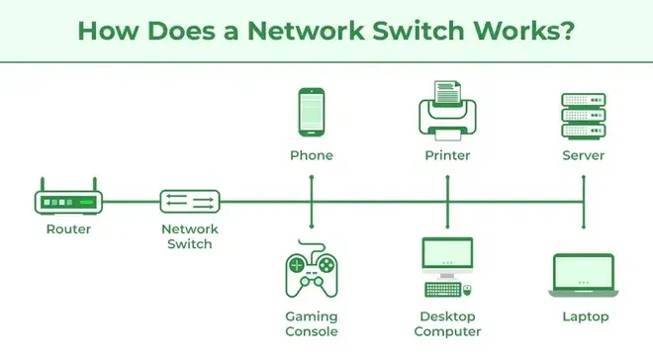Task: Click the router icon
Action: (x=69, y=200)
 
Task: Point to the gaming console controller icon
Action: (x=312, y=274)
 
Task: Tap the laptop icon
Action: (x=584, y=276)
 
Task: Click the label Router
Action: (x=68, y=230)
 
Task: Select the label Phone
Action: (x=312, y=156)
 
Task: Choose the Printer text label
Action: (x=447, y=156)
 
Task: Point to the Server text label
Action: (x=583, y=156)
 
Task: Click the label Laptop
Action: (x=584, y=317)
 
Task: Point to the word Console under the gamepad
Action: (x=312, y=331)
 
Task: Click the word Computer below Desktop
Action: (x=447, y=331)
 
